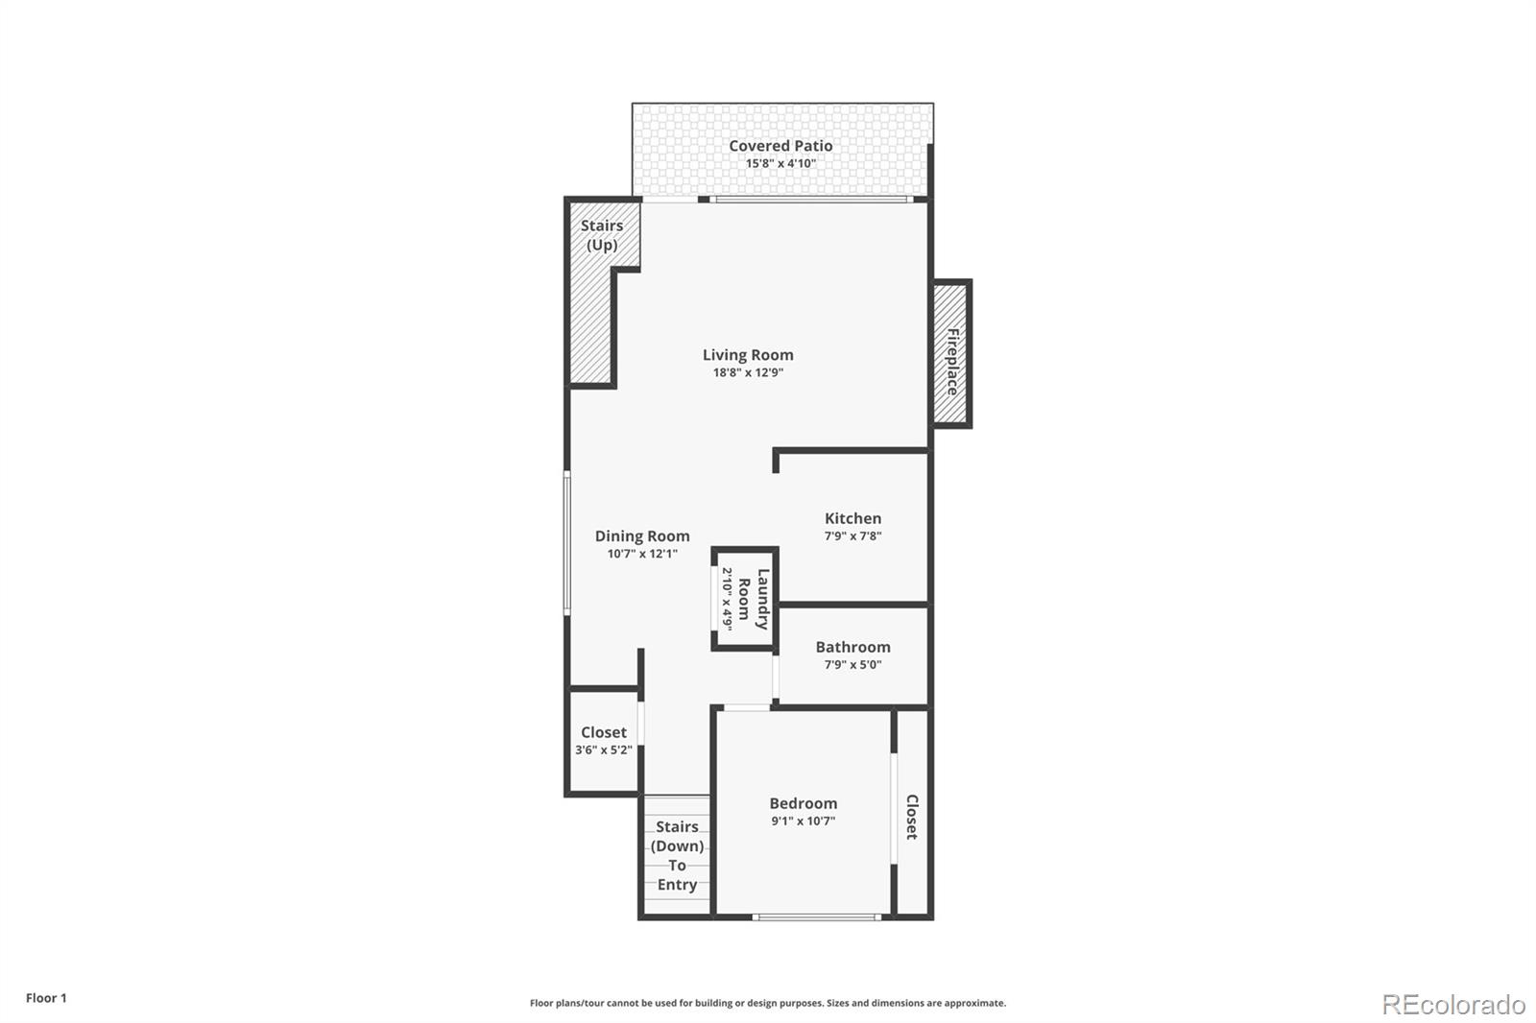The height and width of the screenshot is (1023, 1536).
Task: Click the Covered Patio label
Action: coord(780,146)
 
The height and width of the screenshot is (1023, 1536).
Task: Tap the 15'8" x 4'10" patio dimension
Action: coord(780,164)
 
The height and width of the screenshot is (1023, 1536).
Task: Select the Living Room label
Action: coord(748,355)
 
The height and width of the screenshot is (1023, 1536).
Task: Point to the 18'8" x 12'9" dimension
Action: coord(748,373)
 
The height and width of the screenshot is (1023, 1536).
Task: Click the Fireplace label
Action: coord(952,362)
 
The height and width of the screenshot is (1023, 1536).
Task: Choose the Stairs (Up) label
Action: coord(601,235)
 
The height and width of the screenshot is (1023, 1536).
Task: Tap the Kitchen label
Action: coord(853,518)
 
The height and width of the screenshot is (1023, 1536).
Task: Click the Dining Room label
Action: coord(642,536)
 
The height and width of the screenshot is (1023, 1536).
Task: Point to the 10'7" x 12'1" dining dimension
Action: coord(642,554)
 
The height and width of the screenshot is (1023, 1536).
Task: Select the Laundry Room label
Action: coord(753,599)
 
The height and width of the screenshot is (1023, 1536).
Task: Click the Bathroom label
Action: coord(853,647)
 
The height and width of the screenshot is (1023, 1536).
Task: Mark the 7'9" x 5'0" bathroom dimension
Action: coord(853,665)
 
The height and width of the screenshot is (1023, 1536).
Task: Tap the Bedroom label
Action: coord(803,803)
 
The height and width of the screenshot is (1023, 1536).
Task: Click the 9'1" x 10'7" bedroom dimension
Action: coord(803,821)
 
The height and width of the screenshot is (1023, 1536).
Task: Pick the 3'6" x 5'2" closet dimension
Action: coord(604,750)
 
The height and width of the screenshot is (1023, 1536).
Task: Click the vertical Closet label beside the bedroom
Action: coord(912,817)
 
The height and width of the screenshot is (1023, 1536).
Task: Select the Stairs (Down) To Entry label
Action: coord(677,856)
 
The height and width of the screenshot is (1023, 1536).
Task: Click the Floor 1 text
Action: coord(47,998)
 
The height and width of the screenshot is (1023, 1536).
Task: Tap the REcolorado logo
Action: coord(1453,1005)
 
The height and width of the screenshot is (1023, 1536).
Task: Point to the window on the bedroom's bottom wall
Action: coord(817,916)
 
